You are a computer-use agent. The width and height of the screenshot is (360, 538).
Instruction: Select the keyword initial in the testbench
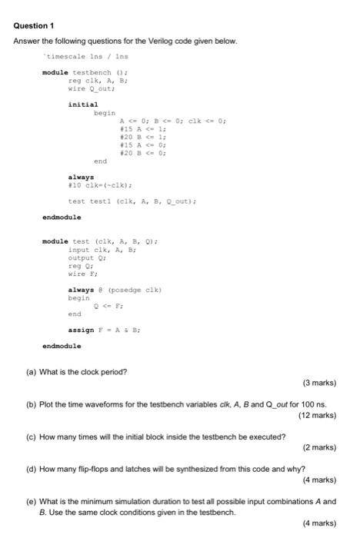coord(83,104)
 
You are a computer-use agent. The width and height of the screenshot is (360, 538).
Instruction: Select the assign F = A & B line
coord(103,329)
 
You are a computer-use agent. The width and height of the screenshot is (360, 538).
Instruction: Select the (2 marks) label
coord(319,447)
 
